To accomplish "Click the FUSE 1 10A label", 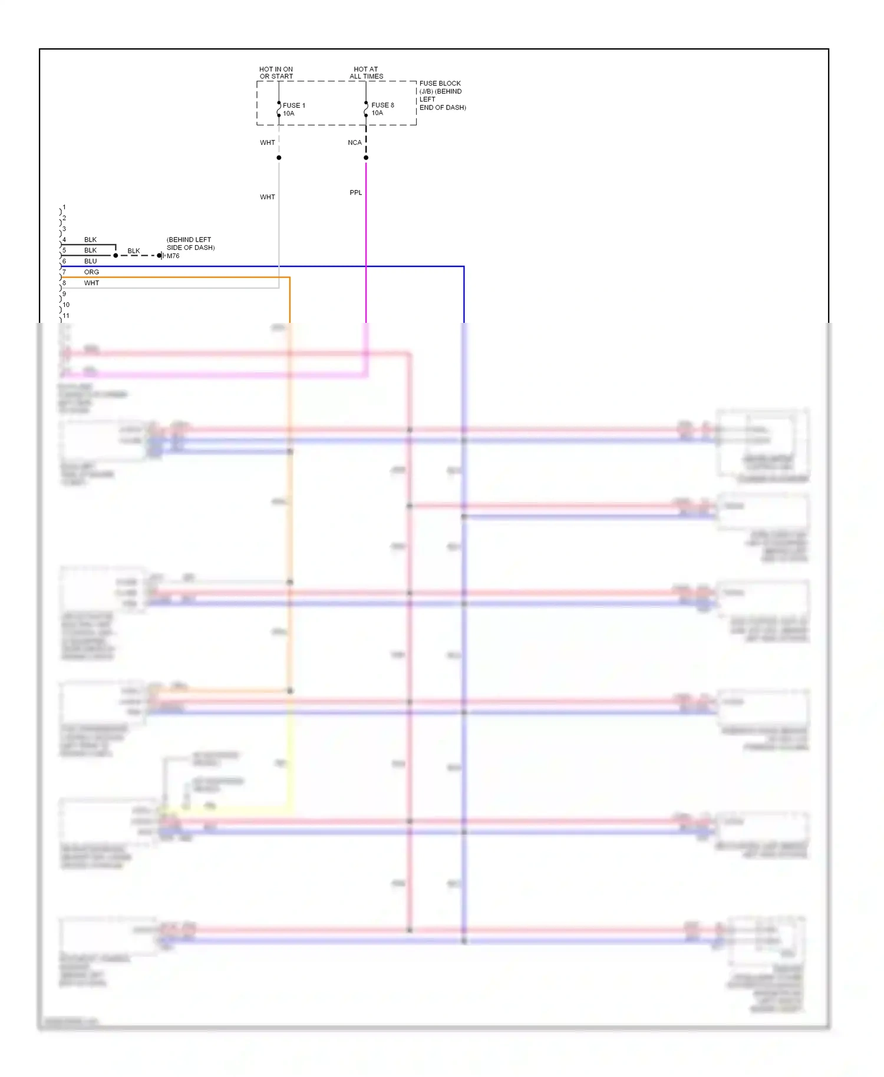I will coord(293,110).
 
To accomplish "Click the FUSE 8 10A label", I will coord(382,109).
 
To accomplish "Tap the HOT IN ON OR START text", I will coord(276,72).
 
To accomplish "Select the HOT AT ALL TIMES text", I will coord(366,72).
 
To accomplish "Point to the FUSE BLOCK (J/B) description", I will coord(442,95).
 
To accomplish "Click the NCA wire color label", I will coord(354,143).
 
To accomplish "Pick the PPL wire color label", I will coord(355,193).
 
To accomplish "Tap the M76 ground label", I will coord(173,256).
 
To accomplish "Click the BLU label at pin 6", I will coord(90,261).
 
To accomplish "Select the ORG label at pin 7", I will coord(91,272).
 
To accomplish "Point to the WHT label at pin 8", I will coord(91,283).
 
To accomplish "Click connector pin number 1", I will coord(64,207).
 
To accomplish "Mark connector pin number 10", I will coord(66,305).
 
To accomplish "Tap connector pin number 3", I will coord(64,229).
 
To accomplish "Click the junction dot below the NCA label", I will coord(366,158).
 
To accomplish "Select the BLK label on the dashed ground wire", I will coord(134,251).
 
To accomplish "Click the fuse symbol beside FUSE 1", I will coord(279,109).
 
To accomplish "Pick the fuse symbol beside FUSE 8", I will coord(366,109).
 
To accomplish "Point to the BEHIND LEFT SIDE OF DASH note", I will coord(190,244).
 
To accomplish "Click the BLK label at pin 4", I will coord(90,240).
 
